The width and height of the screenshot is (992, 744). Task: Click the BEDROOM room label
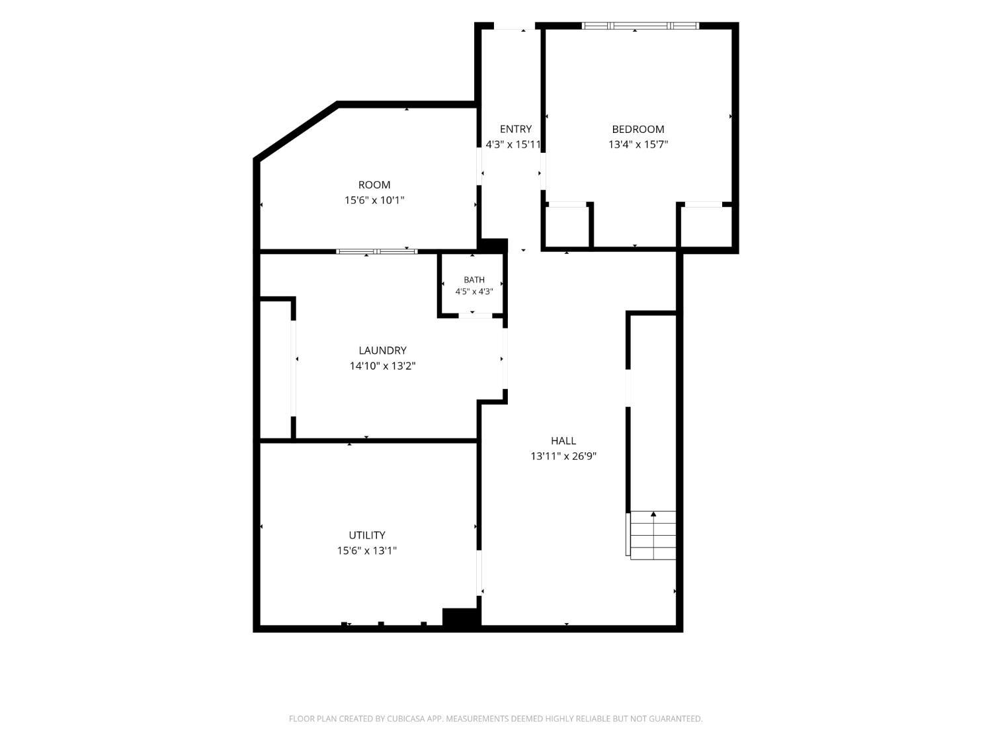click(x=638, y=129)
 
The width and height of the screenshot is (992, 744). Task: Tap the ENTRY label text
click(x=516, y=129)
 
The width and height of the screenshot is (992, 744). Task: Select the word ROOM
click(x=374, y=185)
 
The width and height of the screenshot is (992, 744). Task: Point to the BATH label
click(x=474, y=280)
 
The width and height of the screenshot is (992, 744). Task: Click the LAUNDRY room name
click(x=382, y=350)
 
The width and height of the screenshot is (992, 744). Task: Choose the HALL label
click(x=563, y=440)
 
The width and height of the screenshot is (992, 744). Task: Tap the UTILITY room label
click(x=367, y=535)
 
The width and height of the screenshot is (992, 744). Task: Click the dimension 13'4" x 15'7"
click(x=638, y=145)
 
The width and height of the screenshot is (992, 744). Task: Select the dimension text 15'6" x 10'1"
click(x=374, y=200)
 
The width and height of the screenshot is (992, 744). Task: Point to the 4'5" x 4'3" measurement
click(x=474, y=292)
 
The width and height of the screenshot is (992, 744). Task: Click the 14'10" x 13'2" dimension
click(x=382, y=366)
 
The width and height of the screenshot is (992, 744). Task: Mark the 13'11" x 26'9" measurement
click(x=563, y=456)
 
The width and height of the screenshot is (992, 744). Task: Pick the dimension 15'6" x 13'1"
click(x=367, y=550)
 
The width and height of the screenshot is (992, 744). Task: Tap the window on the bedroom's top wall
click(x=640, y=26)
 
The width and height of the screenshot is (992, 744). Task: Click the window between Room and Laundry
click(x=377, y=251)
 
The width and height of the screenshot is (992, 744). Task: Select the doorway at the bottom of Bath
click(x=475, y=315)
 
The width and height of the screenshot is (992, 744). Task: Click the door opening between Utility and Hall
click(x=479, y=573)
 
